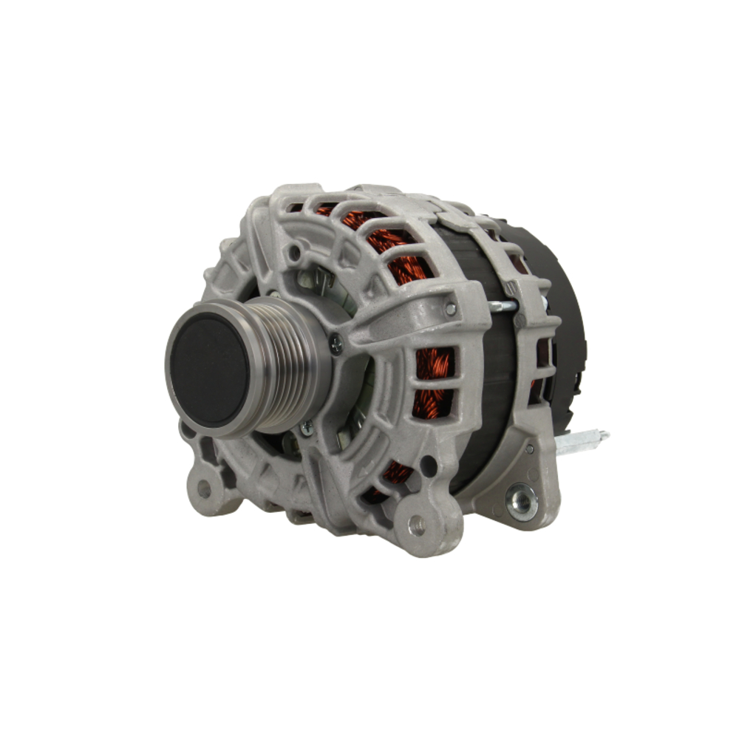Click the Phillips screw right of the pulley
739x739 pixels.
pos(336,341)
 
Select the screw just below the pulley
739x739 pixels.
pos(305,426)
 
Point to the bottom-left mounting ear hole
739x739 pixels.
pos(204,488)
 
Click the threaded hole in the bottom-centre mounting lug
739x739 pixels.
pos(415,525)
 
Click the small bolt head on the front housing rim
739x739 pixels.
pos(449,309)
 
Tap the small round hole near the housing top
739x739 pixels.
pos(295,252)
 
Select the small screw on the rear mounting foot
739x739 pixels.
pos(529,449)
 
